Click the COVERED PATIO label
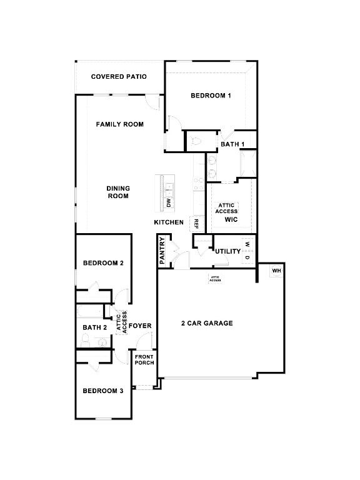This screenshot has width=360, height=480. pos(119,76)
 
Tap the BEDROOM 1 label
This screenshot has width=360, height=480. pos(211,96)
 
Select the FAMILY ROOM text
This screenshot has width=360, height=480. pos(120,124)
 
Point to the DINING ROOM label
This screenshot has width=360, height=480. pos(118,192)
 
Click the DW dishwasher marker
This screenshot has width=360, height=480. pos(169,202)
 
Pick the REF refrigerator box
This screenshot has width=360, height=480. pos(196,224)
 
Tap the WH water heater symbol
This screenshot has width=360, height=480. pos(276,271)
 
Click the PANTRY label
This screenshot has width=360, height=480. pos(162,251)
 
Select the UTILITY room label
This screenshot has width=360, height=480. pos(227,251)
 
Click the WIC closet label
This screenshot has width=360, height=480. pos(231,219)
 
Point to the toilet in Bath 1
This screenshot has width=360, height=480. pos(196,141)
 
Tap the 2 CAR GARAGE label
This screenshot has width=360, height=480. pos(207,323)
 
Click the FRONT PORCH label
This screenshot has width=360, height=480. pos(144,360)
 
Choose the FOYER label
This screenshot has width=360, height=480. pos(140,326)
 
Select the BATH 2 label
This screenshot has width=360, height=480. pos(94,327)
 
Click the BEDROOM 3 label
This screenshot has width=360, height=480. pos(103,391)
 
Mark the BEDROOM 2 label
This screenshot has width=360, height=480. pos(103,263)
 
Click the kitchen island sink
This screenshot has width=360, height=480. pos(169,190)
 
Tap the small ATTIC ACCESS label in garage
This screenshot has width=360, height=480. pos(215,279)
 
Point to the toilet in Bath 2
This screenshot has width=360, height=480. pos(86,340)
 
